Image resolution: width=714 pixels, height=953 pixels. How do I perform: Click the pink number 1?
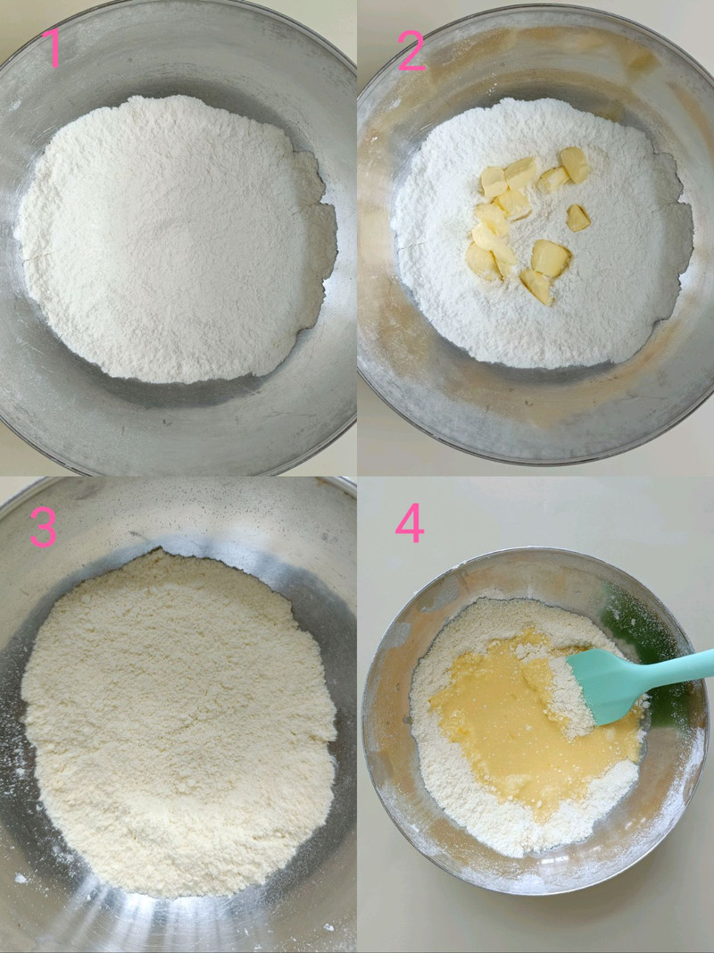pos(52,48)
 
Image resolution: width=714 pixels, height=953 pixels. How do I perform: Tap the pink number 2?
pos(411,51)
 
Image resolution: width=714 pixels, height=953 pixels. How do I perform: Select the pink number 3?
pos(43,527)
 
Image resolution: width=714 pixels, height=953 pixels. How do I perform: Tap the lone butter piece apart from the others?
pos(577,218)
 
